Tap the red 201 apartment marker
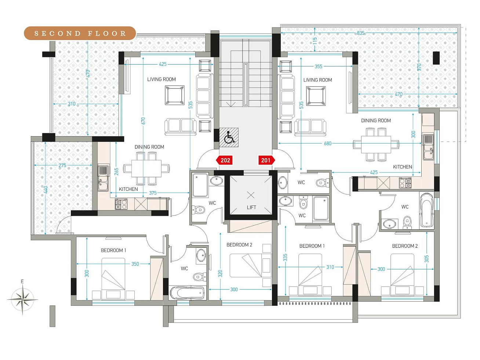pyautogui.click(x=267, y=160)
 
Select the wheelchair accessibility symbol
pyautogui.click(x=229, y=137)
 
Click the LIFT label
pyautogui.click(x=251, y=207)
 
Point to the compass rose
pyautogui.click(x=22, y=299)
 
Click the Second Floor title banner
pyautogui.click(x=80, y=33)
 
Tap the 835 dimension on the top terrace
pyautogui.click(x=361, y=33)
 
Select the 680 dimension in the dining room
pyautogui.click(x=327, y=143)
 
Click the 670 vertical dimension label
pyautogui.click(x=143, y=121)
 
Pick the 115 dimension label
pyautogui.click(x=314, y=41)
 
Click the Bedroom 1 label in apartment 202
pyautogui.click(x=113, y=250)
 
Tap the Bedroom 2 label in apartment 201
pyautogui.click(x=405, y=246)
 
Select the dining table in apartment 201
pyautogui.click(x=376, y=145)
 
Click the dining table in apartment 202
pyautogui.click(x=146, y=168)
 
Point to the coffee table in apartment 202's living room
pyautogui.click(x=175, y=95)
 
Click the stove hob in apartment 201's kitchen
pyautogui.click(x=405, y=183)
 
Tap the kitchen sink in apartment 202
pyautogui.click(x=103, y=178)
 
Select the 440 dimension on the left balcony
pyautogui.click(x=46, y=189)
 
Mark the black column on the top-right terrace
pyautogui.click(x=436, y=58)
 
